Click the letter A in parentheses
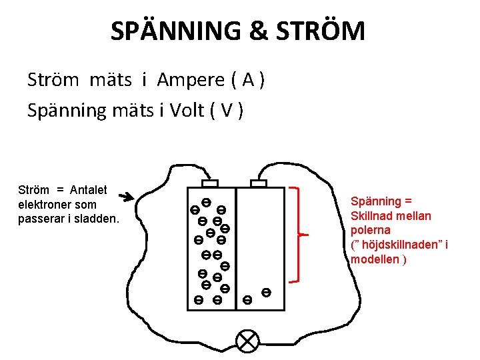click(x=248, y=81)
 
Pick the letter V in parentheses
click(x=227, y=110)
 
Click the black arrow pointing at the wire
click(x=125, y=197)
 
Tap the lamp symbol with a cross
click(x=248, y=342)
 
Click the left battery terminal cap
click(x=210, y=183)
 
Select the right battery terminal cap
click(x=259, y=183)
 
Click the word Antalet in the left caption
click(x=88, y=190)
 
